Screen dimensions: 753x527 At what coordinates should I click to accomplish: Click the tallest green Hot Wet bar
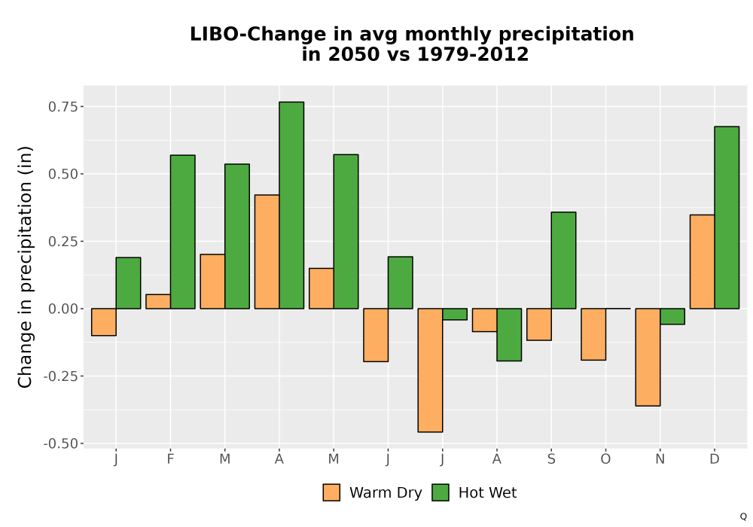[291, 205]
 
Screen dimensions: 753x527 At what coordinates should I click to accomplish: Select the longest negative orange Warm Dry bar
[430, 370]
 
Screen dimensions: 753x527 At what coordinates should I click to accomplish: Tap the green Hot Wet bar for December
[727, 218]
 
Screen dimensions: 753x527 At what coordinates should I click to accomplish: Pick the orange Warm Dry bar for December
[702, 261]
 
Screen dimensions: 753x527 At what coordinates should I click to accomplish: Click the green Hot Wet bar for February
[182, 232]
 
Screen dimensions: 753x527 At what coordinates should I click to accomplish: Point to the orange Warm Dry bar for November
[648, 357]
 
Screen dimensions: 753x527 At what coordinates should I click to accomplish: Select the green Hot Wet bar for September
[564, 260]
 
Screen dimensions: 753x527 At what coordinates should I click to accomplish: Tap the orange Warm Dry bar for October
[593, 334]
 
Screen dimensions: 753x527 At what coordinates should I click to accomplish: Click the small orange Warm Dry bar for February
[158, 301]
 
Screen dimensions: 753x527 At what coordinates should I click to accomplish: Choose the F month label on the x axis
[170, 459]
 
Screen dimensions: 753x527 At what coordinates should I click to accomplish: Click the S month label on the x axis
[551, 459]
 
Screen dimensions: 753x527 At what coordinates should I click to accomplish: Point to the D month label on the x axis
[715, 459]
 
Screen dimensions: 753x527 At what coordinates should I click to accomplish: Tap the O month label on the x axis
[605, 459]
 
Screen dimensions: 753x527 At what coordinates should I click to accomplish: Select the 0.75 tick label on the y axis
[63, 107]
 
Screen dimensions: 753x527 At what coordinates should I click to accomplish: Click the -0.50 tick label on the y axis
[60, 444]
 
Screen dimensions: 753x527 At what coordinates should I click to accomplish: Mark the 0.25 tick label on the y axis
[63, 242]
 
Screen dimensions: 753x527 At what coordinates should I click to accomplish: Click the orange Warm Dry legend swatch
[331, 492]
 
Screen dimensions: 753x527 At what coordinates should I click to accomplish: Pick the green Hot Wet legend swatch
[441, 492]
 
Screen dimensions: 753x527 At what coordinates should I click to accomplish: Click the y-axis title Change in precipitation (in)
[25, 267]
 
